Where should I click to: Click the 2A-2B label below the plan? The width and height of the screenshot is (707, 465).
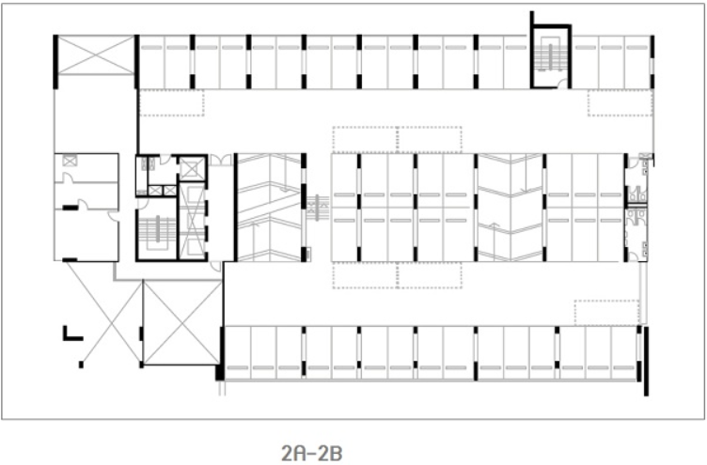tap(311, 454)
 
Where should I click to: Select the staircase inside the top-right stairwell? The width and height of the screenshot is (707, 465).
tap(550, 55)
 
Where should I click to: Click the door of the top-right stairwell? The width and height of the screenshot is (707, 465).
tap(562, 84)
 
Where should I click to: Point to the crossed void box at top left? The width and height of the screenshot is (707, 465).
tap(97, 55)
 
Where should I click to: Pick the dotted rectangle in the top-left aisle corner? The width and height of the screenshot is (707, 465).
tap(172, 102)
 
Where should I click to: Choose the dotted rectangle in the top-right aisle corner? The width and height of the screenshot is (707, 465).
tap(620, 102)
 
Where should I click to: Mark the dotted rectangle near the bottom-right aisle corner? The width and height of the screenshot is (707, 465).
tap(607, 312)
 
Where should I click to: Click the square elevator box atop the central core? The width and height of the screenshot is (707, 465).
tap(193, 168)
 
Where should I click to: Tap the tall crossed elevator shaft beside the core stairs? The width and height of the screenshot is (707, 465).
tap(193, 221)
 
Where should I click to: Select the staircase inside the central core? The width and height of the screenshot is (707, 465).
tap(157, 231)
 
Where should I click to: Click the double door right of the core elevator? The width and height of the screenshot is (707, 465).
tap(221, 160)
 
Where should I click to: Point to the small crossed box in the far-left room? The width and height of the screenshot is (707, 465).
tap(70, 161)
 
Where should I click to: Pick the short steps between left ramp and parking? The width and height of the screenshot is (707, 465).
tap(318, 208)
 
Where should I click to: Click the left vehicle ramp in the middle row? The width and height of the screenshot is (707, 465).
tap(270, 208)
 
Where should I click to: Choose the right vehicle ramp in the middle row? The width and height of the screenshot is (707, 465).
tap(510, 208)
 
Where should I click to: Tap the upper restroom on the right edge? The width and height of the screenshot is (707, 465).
tap(636, 180)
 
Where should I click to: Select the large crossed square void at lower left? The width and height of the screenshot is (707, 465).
tap(182, 322)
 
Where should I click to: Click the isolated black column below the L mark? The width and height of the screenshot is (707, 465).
tap(81, 364)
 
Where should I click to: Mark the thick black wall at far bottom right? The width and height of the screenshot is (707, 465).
tap(646, 362)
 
